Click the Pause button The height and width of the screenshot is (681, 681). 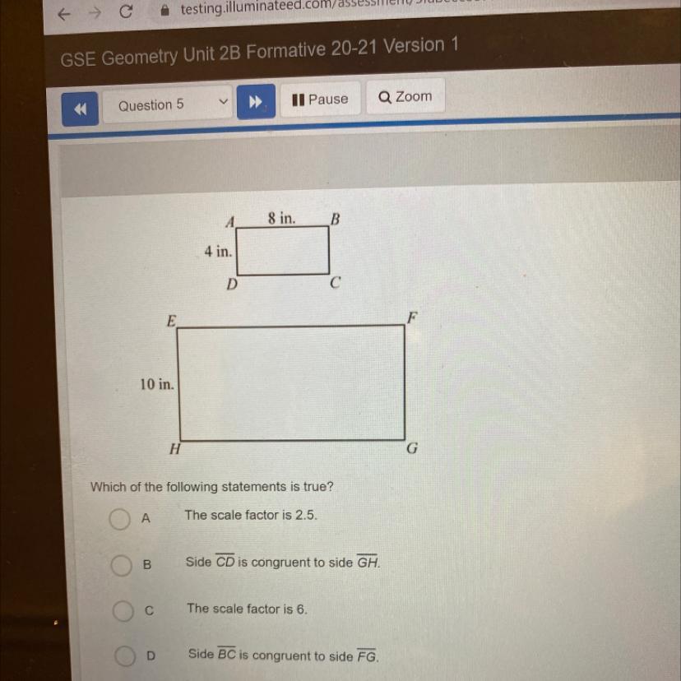(x=321, y=100)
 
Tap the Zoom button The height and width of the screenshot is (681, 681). (x=405, y=97)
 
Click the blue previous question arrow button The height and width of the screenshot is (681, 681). (x=81, y=109)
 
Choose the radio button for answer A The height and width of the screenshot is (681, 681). (x=120, y=519)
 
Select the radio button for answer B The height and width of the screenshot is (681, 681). (x=122, y=566)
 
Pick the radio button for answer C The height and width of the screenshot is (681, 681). (x=123, y=611)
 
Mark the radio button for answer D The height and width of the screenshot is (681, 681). (x=124, y=656)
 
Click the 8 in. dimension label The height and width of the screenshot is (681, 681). (x=281, y=218)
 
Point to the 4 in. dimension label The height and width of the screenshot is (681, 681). (x=218, y=252)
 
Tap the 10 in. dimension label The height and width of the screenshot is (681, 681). (x=156, y=384)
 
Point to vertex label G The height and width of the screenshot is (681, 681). (x=412, y=449)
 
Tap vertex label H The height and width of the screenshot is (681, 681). (x=174, y=449)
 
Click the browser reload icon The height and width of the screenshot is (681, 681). (x=125, y=12)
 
